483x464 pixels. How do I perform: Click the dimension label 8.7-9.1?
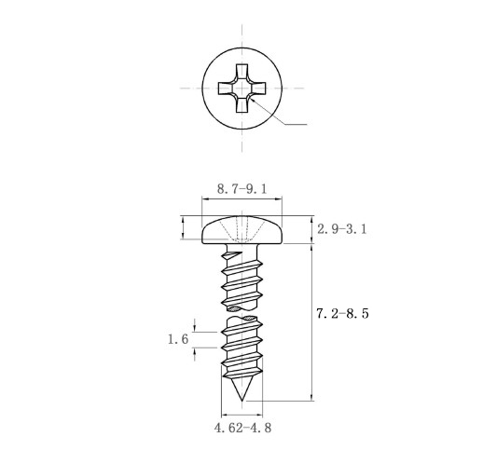241,189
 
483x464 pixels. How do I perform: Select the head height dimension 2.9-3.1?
342,229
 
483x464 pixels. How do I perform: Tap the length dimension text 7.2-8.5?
342,313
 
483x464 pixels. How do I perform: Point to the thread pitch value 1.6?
178,339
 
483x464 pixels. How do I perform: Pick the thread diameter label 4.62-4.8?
242,428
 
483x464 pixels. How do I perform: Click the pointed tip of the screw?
241,401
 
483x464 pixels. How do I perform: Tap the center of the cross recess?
241,89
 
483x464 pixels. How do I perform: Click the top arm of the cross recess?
241,72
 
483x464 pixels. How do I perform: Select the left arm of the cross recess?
226,89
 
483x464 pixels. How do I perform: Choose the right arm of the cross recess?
258,89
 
